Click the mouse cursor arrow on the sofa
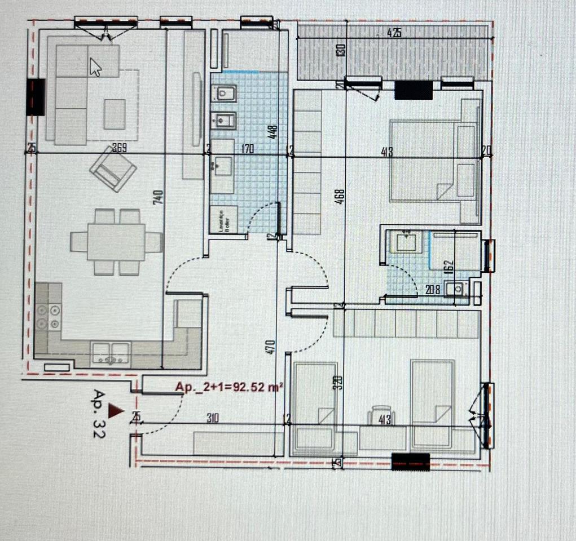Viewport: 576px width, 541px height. click(96, 68)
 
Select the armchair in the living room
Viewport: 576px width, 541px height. click(113, 169)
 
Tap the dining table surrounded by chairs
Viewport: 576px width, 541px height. click(116, 242)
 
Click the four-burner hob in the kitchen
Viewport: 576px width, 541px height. click(48, 317)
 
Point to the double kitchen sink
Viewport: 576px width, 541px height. click(111, 353)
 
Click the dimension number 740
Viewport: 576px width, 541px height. click(159, 198)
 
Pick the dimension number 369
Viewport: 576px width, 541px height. click(119, 149)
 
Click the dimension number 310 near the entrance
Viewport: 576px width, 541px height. click(212, 418)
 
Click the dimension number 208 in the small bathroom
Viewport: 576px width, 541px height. click(433, 291)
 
